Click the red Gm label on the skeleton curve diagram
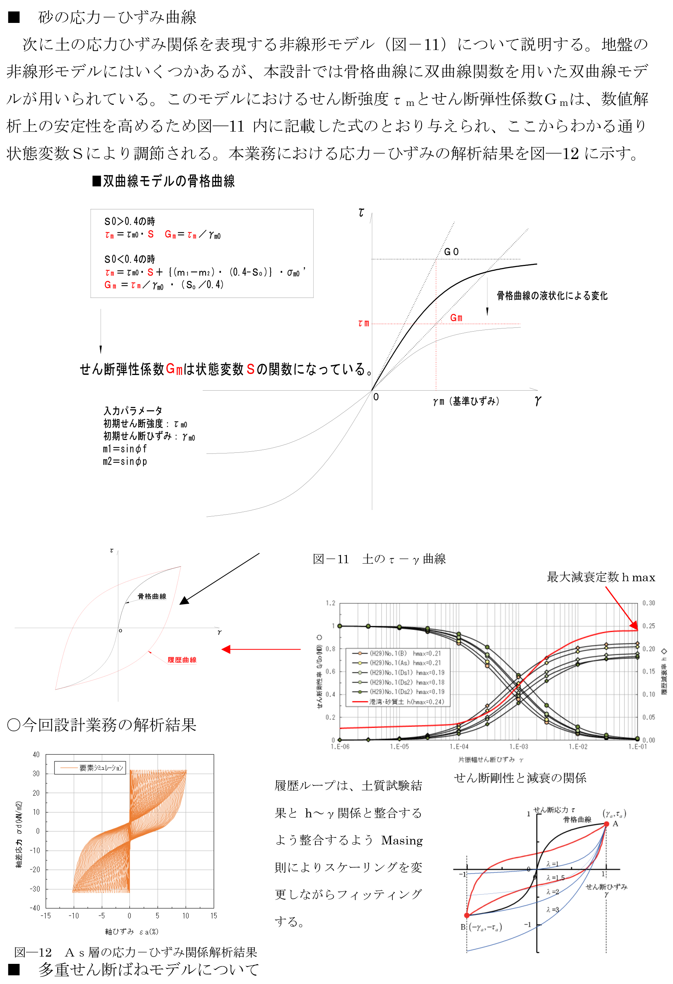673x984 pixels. point(456,318)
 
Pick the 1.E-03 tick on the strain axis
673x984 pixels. point(519,747)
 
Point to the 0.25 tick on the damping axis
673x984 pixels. point(648,626)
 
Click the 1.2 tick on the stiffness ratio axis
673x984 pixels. point(330,603)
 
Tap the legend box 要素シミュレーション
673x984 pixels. point(90,768)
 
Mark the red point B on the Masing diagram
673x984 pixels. point(467,915)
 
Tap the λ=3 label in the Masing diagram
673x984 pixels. point(552,909)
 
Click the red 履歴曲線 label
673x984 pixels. point(182,660)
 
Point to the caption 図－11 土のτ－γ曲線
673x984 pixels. point(379,559)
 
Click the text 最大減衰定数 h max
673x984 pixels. point(600,577)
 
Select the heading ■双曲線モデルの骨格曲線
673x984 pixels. point(164,181)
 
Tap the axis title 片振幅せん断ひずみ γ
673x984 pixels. point(491,760)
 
